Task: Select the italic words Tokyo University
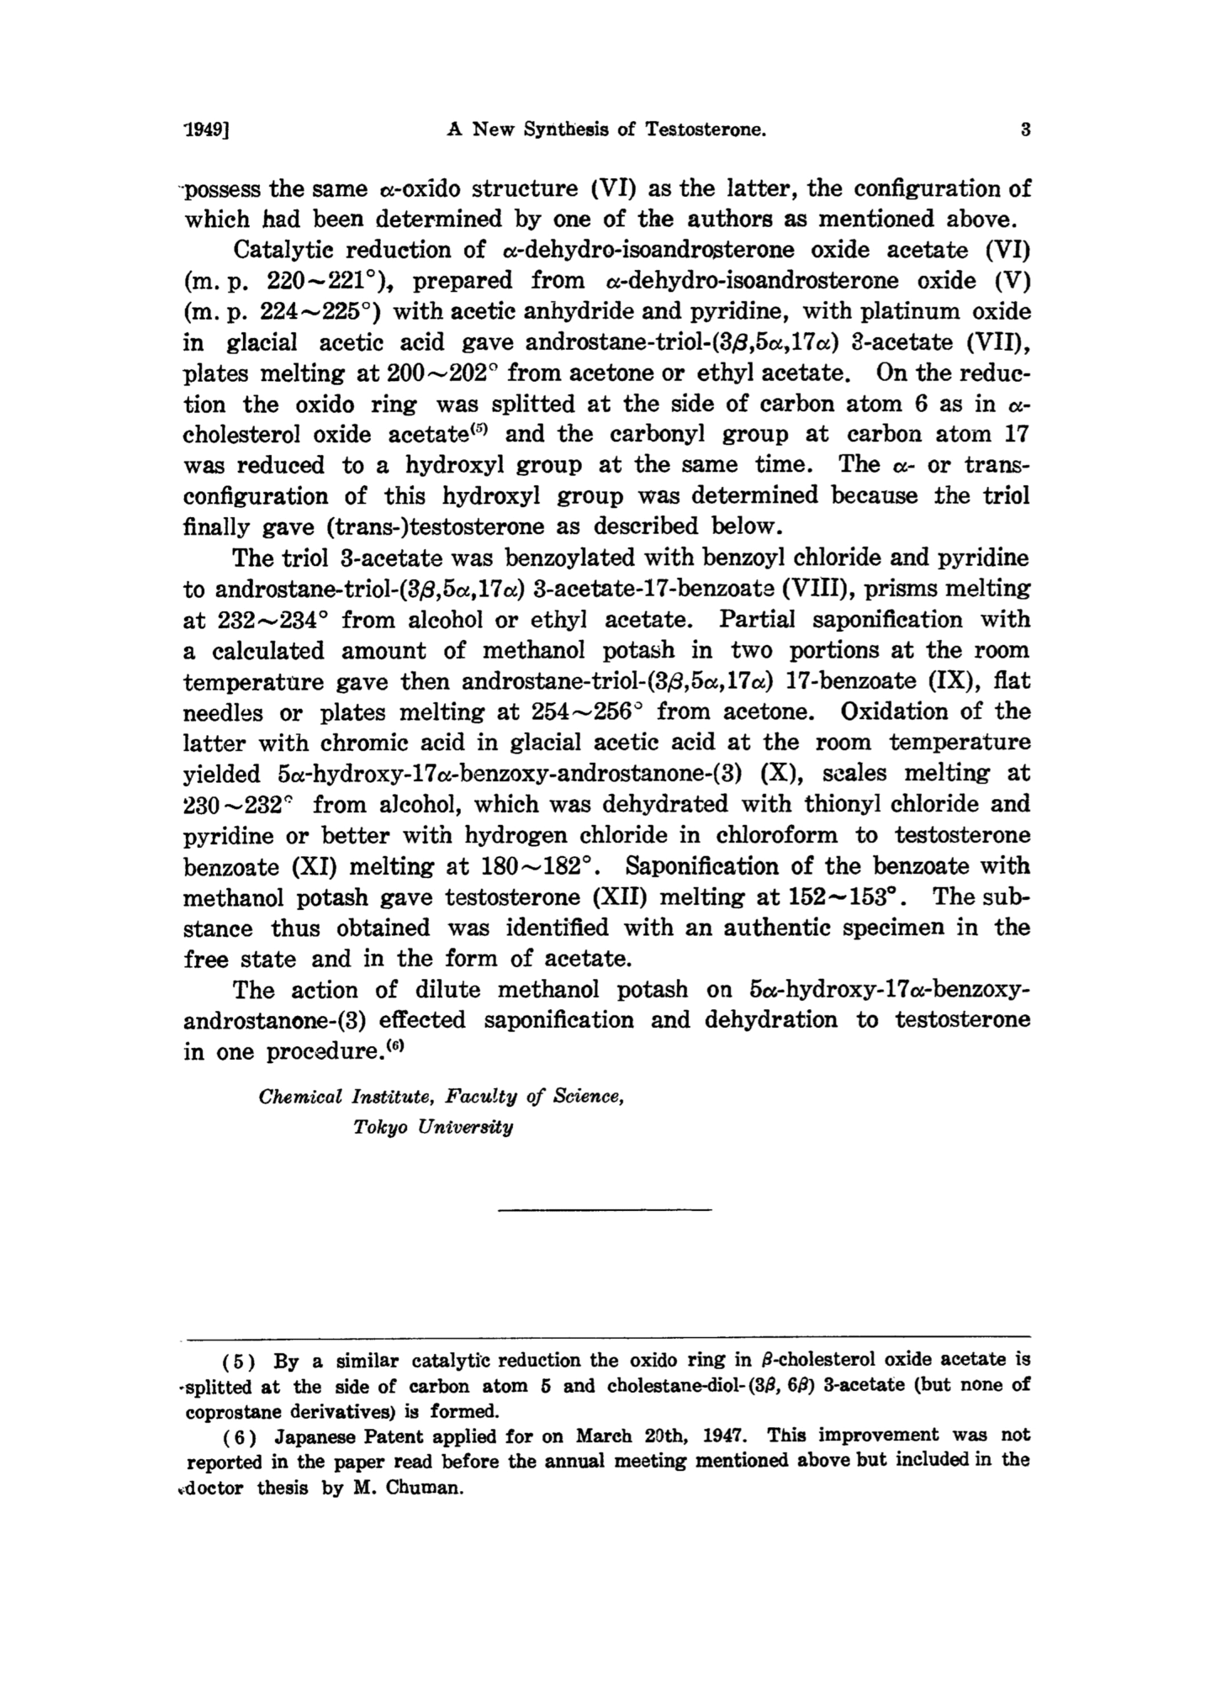coord(432,1127)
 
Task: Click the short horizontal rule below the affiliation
coord(604,1209)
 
